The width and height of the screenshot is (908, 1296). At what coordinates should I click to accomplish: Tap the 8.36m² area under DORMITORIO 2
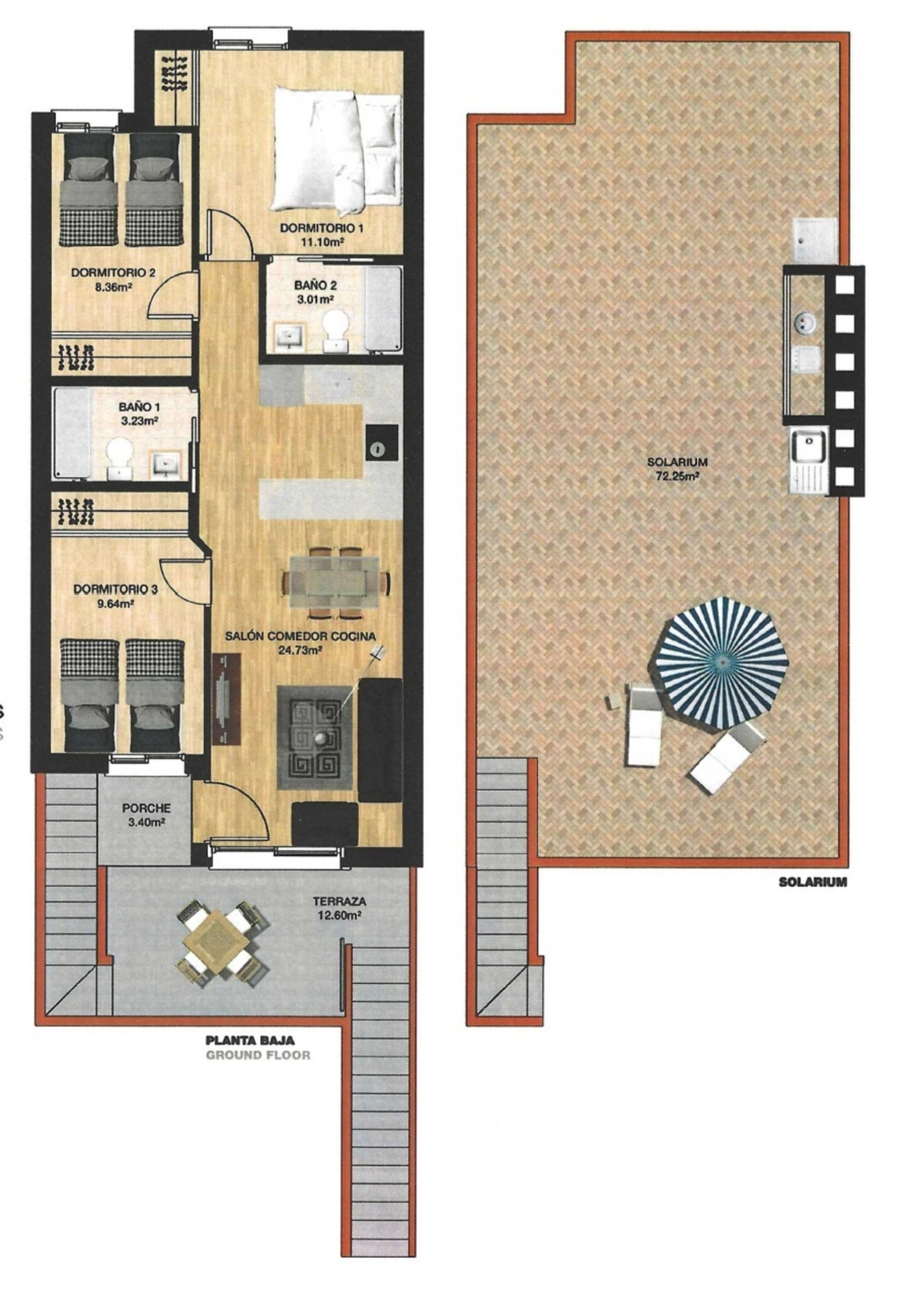pyautogui.click(x=113, y=286)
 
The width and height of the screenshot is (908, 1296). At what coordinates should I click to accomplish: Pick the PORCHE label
pyautogui.click(x=146, y=808)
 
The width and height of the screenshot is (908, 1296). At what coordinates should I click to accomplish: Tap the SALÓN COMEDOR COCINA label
pyautogui.click(x=300, y=636)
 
